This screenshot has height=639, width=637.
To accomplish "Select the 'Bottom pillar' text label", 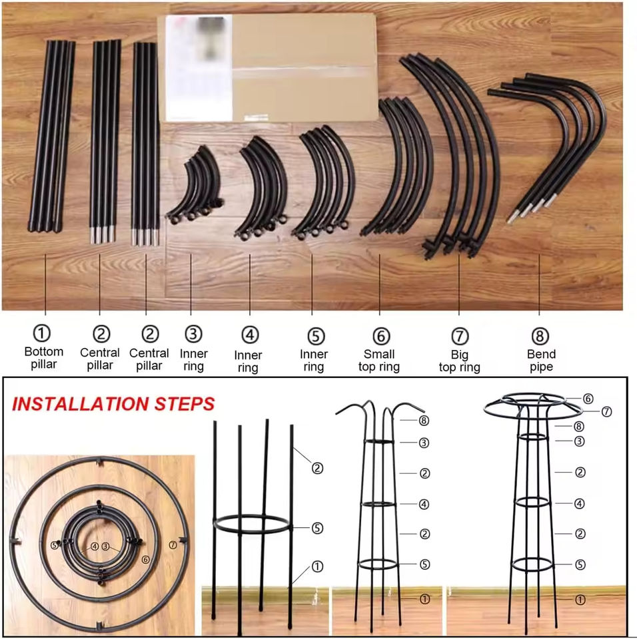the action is (x=44, y=358).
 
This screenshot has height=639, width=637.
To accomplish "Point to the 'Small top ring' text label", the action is (x=379, y=360).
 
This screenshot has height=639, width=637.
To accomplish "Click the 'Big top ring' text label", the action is (x=460, y=361).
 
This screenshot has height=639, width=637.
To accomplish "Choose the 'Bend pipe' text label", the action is (x=541, y=360).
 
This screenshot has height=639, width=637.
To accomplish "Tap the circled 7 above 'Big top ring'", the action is (x=460, y=336).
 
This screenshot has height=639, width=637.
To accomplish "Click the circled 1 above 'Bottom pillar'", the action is (x=41, y=333).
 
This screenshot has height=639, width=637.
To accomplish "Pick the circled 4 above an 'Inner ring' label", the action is (x=250, y=335).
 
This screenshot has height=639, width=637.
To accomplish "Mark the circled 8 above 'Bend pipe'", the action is (x=540, y=336).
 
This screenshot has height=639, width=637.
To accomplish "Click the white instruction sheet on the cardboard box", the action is (x=199, y=68).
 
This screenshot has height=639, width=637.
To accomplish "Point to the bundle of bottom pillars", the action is (x=51, y=136).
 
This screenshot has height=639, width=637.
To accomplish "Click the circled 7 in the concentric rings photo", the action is (x=173, y=544).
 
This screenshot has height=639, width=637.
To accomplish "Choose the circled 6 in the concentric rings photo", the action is (x=146, y=560).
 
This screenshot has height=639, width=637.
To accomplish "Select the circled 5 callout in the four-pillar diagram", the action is (x=317, y=528).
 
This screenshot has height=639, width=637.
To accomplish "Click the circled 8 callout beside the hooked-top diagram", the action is (x=424, y=420).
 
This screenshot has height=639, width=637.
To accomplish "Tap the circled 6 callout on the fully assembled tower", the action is (x=588, y=399).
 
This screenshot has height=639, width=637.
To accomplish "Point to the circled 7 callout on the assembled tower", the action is (x=607, y=411).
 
